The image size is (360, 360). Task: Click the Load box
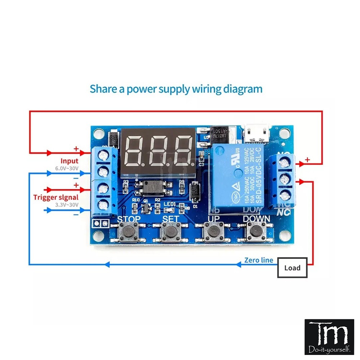(x=292, y=267)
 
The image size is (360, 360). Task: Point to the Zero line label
(x=258, y=260)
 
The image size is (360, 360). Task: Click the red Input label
(x=69, y=161)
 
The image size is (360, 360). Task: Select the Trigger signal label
(x=56, y=197)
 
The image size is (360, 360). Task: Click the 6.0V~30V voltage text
(x=67, y=168)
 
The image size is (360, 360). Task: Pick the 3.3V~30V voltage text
(x=67, y=204)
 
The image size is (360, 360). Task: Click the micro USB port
(x=257, y=135)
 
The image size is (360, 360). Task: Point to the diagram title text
(x=176, y=89)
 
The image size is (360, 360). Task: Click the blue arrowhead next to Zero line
(x=238, y=265)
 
